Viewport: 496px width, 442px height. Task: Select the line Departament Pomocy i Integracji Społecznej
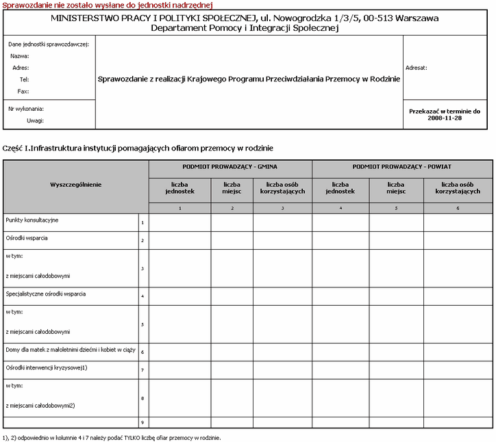click(x=245, y=29)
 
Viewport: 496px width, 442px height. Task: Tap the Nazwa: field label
click(x=19, y=56)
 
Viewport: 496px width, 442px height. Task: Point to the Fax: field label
click(x=23, y=91)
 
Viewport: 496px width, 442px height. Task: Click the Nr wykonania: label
click(x=26, y=109)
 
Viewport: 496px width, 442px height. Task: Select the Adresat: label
click(x=417, y=68)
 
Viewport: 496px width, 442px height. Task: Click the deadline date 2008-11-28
click(x=445, y=118)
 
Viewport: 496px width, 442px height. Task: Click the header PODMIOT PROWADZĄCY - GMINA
click(x=230, y=166)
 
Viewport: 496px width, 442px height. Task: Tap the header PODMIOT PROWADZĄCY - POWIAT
click(x=402, y=166)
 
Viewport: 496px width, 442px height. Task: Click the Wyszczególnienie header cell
click(x=76, y=185)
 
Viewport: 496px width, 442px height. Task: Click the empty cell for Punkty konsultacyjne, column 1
click(x=179, y=222)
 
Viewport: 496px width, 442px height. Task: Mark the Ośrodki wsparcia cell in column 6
click(x=458, y=240)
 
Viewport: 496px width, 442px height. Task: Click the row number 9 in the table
click(x=142, y=423)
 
